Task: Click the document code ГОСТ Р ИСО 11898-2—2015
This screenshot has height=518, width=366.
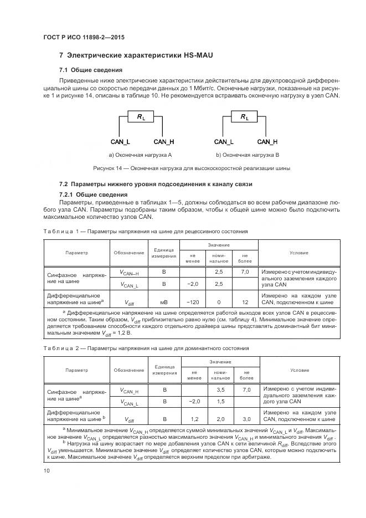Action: [x=83, y=38]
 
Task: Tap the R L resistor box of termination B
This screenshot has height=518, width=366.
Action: [x=245, y=117]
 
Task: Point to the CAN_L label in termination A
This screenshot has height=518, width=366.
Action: [x=120, y=142]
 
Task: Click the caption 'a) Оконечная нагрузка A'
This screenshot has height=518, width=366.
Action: [x=141, y=155]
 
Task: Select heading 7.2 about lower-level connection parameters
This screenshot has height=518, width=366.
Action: [x=156, y=183]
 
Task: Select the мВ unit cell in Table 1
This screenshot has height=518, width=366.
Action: [x=164, y=302]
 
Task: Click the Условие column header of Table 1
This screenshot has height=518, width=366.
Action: [x=299, y=253]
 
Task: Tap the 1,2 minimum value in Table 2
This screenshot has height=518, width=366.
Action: [x=194, y=419]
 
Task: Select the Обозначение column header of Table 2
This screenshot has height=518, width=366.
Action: [x=129, y=370]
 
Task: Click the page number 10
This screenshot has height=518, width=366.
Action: [x=47, y=471]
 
